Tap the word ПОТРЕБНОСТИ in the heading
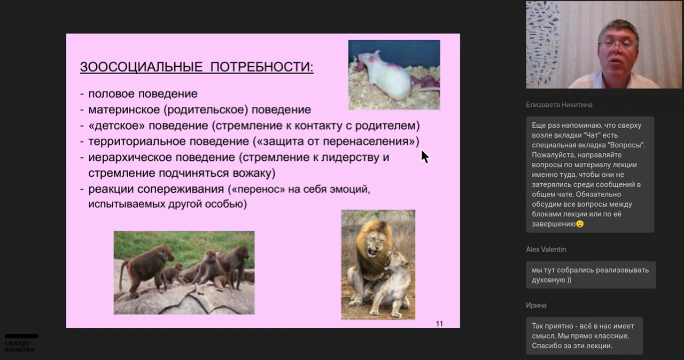click(x=262, y=67)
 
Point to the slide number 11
click(x=439, y=324)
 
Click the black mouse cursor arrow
click(x=425, y=157)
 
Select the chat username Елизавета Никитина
click(x=559, y=105)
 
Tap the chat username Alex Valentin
click(x=546, y=249)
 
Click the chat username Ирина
click(x=536, y=306)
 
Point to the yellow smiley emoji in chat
click(x=580, y=224)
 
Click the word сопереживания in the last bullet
click(x=181, y=190)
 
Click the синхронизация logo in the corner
click(x=21, y=343)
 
